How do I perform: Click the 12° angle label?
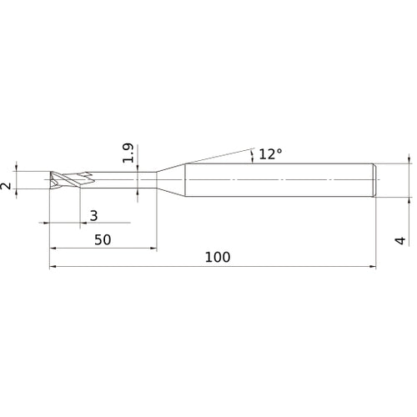pos(270,154)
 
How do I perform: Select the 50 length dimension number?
pos(103,239)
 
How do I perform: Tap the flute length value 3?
pos(93,215)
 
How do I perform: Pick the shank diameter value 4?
pos(401,241)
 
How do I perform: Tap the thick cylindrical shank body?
pos(275,180)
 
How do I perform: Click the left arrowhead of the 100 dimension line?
pos(53,268)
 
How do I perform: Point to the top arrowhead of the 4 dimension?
pos(409,159)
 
